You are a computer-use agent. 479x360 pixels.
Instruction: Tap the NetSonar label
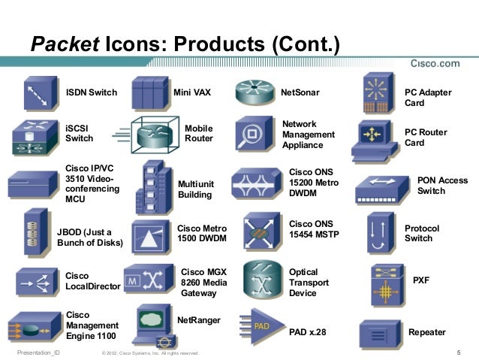[x=300, y=93]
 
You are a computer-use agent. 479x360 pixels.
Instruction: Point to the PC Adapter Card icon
[x=378, y=93]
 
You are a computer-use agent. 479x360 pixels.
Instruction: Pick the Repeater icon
[x=381, y=331]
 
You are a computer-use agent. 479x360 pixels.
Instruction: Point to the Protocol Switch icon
[x=378, y=232]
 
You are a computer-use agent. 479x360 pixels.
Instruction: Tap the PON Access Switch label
[x=442, y=186]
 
